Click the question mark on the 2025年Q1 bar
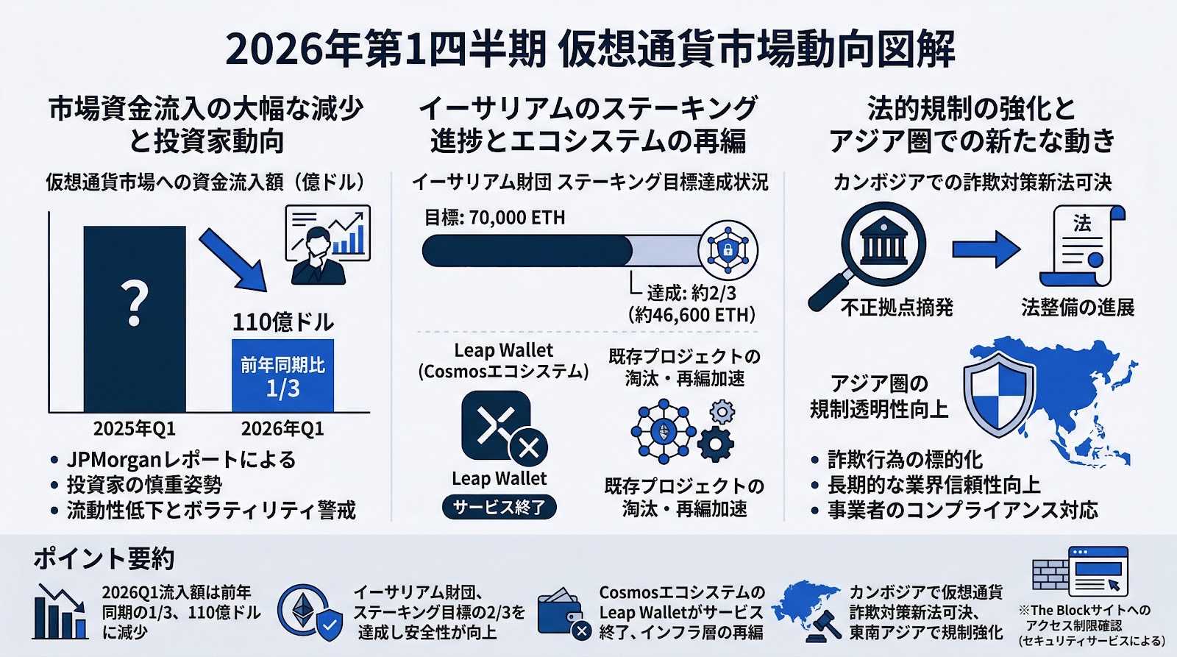pyautogui.click(x=134, y=303)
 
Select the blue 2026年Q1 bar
pyautogui.click(x=282, y=375)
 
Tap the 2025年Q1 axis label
pyautogui.click(x=134, y=429)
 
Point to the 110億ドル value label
pyautogui.click(x=282, y=322)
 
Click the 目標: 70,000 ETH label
pyautogui.click(x=494, y=218)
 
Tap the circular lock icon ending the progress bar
pyautogui.click(x=727, y=250)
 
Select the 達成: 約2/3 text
pyautogui.click(x=691, y=293)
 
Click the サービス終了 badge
pyautogui.click(x=499, y=507)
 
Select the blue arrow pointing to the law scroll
pyautogui.click(x=986, y=249)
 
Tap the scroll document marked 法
pyautogui.click(x=1081, y=246)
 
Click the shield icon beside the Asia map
pyautogui.click(x=998, y=393)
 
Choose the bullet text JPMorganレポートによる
pyautogui.click(x=181, y=460)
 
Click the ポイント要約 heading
pyautogui.click(x=104, y=559)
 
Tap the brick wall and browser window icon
pyautogui.click(x=1080, y=572)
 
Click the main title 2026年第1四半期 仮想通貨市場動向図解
pyautogui.click(x=589, y=50)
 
